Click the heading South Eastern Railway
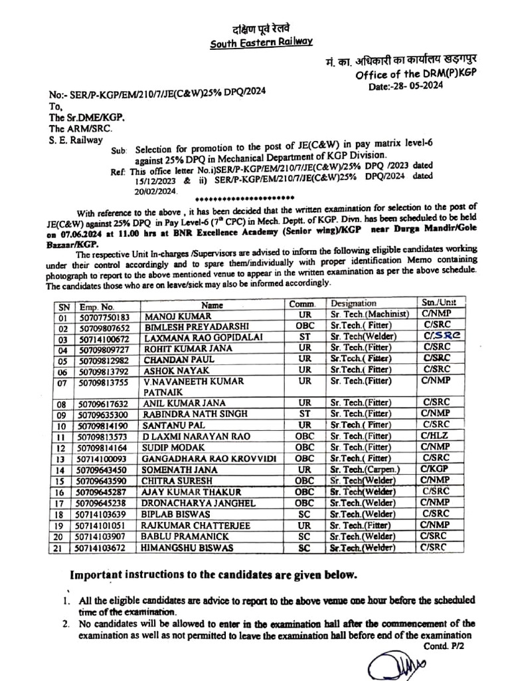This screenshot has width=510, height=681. click(x=261, y=43)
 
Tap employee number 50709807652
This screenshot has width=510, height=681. click(x=104, y=328)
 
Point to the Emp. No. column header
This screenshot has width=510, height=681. click(x=97, y=306)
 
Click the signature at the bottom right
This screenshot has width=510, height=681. click(x=391, y=661)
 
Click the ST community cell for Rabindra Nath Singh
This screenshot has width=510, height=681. click(x=305, y=414)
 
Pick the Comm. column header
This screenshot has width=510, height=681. click(x=302, y=305)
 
